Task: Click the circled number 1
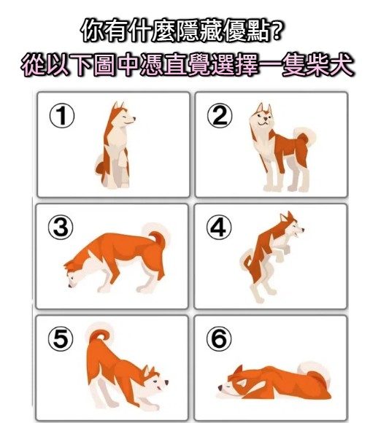point(62,116)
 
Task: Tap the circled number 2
point(220,115)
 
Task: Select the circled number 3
point(61,228)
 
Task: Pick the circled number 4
point(219,227)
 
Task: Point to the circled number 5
point(61,338)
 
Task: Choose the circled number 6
point(219,338)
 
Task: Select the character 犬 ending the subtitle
point(341,65)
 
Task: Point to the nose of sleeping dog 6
point(220,388)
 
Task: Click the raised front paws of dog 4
point(283,251)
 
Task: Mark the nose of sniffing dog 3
point(70,285)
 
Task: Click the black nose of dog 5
point(166,382)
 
